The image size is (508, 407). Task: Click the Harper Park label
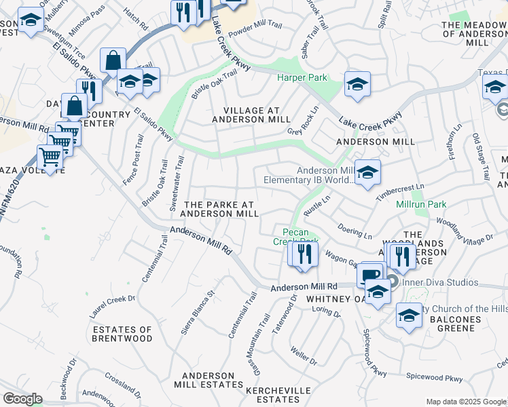[302, 78]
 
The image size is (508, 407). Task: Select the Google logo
[22, 398]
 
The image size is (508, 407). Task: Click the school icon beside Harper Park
[357, 84]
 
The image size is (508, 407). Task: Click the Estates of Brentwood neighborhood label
[122, 334]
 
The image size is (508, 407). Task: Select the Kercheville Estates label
[278, 395]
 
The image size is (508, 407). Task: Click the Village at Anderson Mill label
[251, 114]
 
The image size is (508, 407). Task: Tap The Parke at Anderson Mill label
[221, 209]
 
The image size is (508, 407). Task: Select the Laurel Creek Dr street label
[113, 307]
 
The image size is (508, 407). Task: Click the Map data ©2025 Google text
[464, 402]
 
